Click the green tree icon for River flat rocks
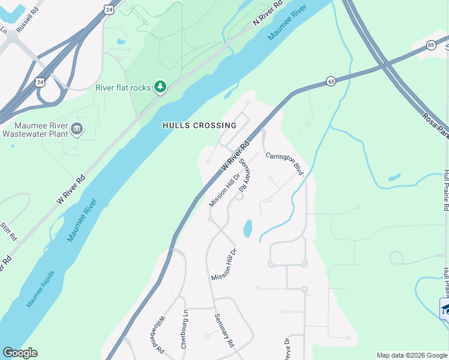tap(160, 88)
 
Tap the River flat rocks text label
tap(123, 88)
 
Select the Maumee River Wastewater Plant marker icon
tap(77, 128)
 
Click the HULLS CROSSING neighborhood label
tap(199, 125)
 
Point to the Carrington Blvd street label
tap(285, 161)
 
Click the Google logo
tap(20, 353)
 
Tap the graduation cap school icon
tap(445, 308)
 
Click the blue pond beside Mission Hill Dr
tap(247, 228)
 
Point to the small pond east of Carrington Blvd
tap(394, 178)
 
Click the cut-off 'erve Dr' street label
tap(287, 348)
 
